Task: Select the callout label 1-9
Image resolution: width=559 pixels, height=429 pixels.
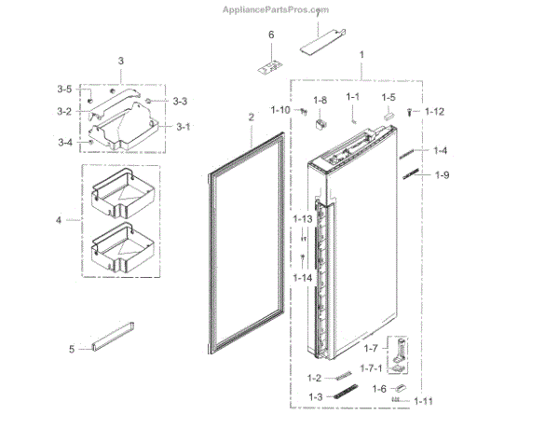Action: tap(443, 174)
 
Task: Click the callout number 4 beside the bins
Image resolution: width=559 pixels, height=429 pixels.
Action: tap(59, 221)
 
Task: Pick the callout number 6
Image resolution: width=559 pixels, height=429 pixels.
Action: tap(272, 35)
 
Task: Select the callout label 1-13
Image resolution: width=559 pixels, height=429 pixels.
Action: tap(302, 218)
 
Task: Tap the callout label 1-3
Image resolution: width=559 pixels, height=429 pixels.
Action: tap(314, 397)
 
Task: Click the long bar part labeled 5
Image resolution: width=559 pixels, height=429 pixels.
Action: tap(113, 337)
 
